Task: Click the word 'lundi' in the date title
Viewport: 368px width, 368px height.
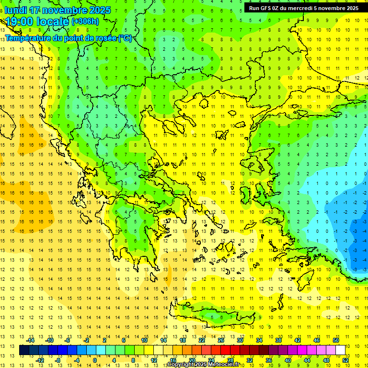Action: pos(15,10)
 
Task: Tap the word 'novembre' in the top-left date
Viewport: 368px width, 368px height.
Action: pos(60,10)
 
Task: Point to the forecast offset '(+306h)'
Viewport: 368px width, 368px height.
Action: pos(85,22)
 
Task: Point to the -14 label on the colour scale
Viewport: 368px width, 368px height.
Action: pos(32,340)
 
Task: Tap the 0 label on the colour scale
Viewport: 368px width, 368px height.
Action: pos(95,360)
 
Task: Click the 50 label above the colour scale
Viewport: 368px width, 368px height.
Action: pos(336,340)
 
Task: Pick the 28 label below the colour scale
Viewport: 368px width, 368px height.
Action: pos(230,360)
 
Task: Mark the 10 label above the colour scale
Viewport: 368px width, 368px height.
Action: pos(144,340)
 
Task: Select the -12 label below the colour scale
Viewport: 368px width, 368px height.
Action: pos(40,360)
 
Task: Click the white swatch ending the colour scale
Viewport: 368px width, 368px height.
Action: pos(340,350)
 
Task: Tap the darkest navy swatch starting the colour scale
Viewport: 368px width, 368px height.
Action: pos(24,350)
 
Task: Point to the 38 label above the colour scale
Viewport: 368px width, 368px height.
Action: pos(278,340)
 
